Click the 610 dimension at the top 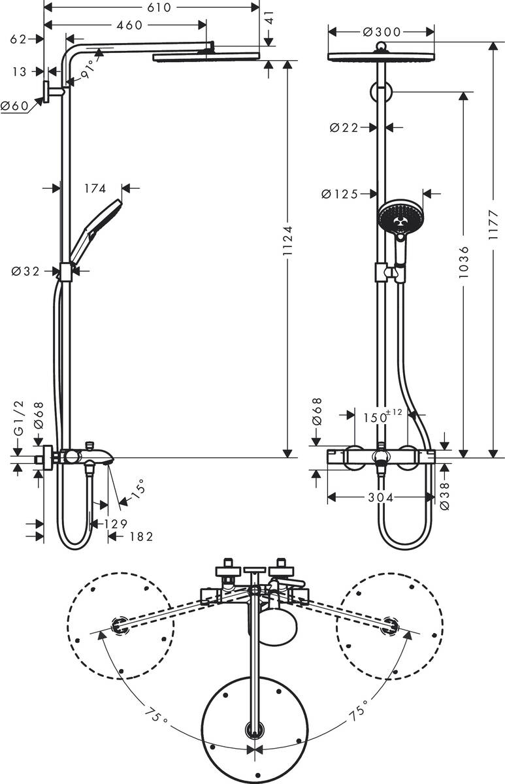tap(155, 8)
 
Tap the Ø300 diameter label tap(382, 31)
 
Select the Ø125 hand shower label tap(340, 193)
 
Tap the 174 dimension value tap(95, 189)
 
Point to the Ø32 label tap(25, 271)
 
